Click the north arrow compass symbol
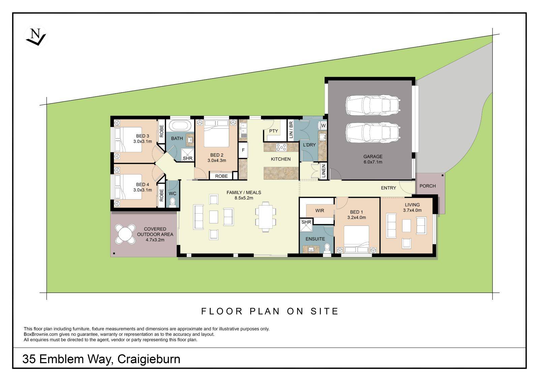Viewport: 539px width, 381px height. click(x=35, y=37)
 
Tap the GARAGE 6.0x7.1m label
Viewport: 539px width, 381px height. click(x=372, y=159)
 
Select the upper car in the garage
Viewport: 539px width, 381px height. click(x=372, y=105)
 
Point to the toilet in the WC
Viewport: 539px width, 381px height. click(x=173, y=202)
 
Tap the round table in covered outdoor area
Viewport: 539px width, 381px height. click(x=125, y=234)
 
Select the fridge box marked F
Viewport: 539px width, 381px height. click(x=243, y=150)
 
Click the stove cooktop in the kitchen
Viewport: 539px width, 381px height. click(x=281, y=147)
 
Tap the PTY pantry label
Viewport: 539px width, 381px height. click(x=273, y=131)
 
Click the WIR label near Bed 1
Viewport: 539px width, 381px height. click(x=320, y=211)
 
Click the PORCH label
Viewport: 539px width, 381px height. click(x=427, y=186)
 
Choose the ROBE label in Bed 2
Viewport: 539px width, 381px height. click(x=221, y=176)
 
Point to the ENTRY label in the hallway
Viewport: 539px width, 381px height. click(x=388, y=188)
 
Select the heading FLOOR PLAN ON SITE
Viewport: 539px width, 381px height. click(x=270, y=311)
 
